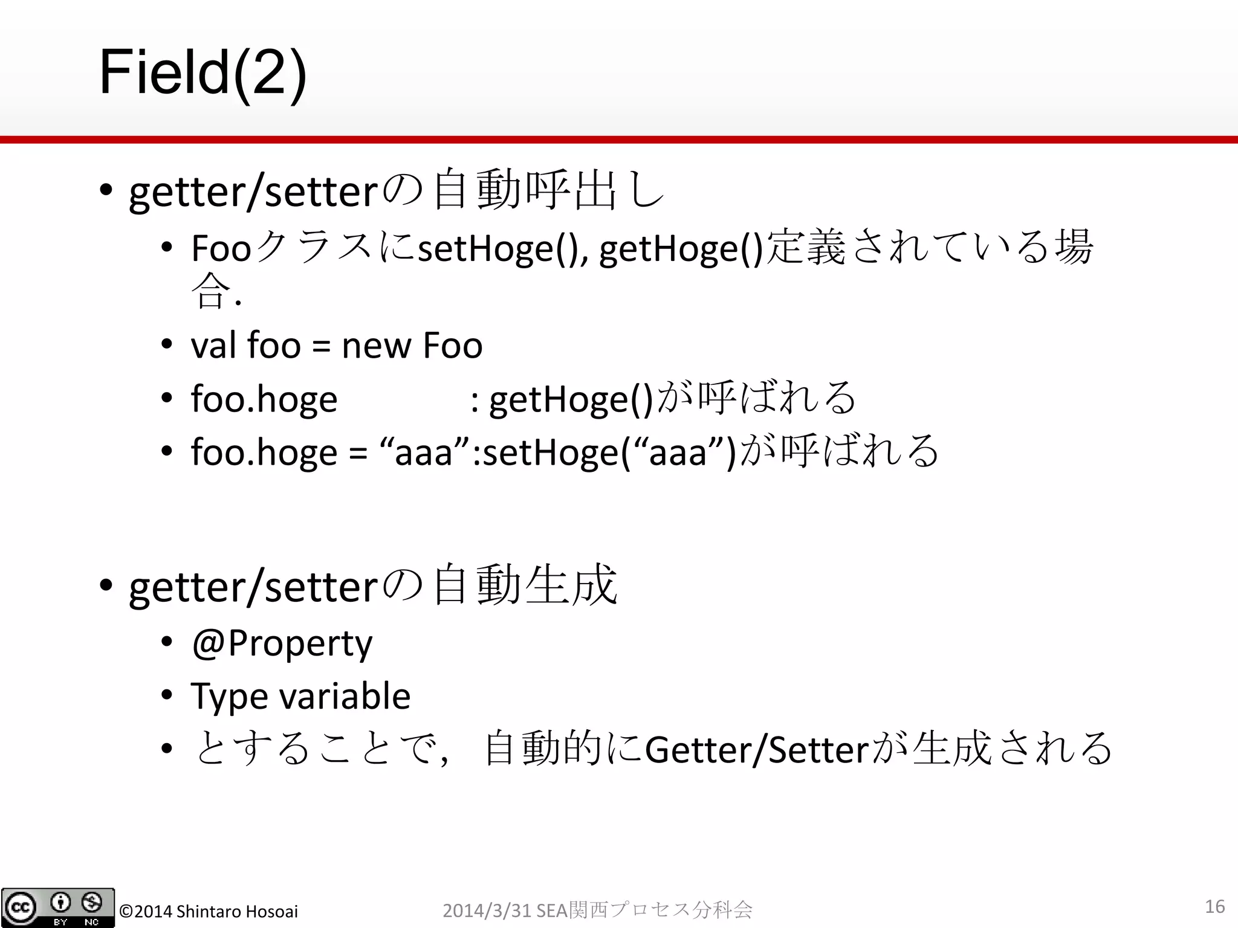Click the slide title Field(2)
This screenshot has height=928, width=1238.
coord(203,74)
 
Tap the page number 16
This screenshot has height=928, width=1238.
coord(1214,906)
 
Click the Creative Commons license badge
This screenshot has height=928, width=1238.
coord(58,907)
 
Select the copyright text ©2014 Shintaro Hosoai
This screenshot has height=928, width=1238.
coord(209,911)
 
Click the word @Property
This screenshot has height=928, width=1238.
coord(282,643)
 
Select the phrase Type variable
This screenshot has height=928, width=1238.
coord(300,696)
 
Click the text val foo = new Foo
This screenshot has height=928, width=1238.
coord(337,346)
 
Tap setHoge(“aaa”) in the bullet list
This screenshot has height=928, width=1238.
coord(610,452)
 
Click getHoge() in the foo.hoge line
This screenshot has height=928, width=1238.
coord(571,399)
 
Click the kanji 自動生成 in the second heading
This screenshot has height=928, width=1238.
coord(525,585)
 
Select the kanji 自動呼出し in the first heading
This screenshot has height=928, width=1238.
coord(549,191)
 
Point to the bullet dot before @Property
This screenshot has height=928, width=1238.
coord(167,643)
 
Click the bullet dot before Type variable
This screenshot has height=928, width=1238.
coord(167,696)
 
